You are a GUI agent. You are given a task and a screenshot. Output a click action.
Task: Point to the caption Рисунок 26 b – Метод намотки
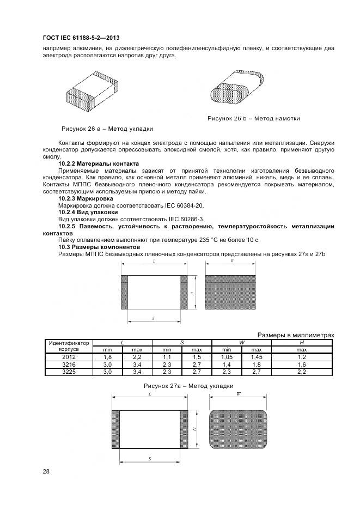[253, 118]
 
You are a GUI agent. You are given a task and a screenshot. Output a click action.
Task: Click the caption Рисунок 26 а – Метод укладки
[107, 129]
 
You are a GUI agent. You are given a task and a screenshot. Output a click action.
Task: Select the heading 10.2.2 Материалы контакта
[98, 163]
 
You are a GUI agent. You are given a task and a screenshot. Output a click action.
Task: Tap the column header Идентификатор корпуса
[69, 345]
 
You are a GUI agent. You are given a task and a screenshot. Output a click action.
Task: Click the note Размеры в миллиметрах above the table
[295, 335]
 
